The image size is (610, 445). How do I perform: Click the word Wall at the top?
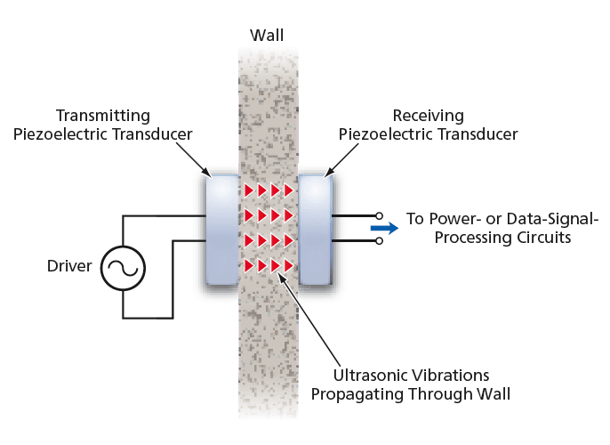268,36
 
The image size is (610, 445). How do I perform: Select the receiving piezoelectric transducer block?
315,229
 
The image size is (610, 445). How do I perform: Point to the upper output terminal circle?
380,215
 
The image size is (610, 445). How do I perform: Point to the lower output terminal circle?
380,240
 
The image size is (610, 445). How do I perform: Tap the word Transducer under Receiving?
478,134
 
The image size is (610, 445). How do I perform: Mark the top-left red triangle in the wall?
250,190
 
